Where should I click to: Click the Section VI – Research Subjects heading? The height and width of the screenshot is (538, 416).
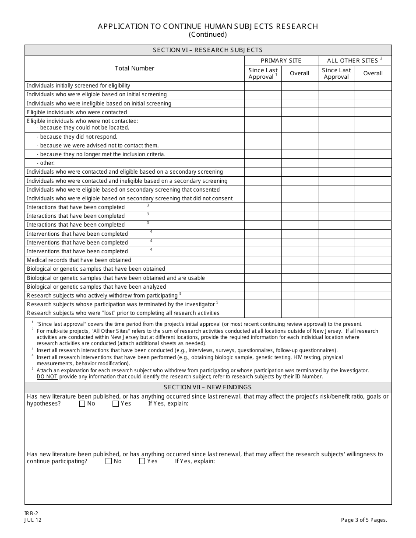[x=208, y=50]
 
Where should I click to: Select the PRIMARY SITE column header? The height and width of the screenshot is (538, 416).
[x=281, y=61]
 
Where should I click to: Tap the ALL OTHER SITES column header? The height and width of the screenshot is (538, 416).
[x=354, y=61]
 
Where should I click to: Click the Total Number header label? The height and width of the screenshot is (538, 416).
[x=134, y=69]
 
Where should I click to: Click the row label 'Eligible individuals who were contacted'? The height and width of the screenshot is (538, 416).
[x=77, y=112]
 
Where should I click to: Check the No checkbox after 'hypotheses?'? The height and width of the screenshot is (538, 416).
[x=82, y=404]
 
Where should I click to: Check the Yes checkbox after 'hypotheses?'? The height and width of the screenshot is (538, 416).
[x=116, y=404]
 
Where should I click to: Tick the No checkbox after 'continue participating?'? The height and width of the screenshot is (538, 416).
[x=109, y=461]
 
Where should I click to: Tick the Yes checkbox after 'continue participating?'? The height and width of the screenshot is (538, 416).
[x=142, y=461]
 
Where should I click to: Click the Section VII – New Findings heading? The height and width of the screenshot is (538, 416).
[x=208, y=388]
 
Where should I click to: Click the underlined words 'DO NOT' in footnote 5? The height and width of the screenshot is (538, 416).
[x=47, y=377]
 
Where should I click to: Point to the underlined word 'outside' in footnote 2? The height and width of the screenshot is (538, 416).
[x=296, y=331]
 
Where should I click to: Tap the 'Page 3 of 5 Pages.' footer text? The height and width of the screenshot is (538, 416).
[x=364, y=520]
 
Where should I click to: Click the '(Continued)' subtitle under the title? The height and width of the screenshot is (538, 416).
[x=208, y=35]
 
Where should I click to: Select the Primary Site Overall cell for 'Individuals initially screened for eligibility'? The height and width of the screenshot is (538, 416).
[x=300, y=86]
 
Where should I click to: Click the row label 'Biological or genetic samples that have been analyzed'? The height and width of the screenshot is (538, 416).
[x=96, y=287]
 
